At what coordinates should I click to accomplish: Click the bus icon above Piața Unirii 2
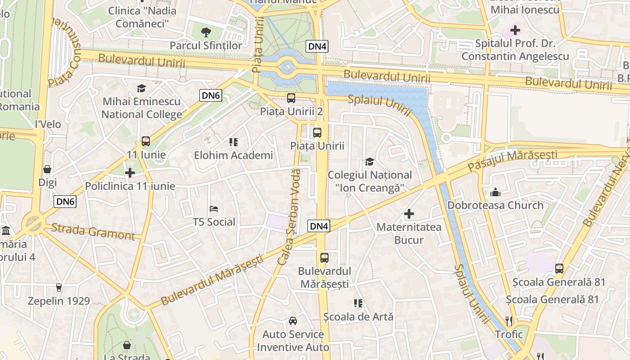tap(291, 98)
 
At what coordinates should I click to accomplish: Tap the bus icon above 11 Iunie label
tap(145, 141)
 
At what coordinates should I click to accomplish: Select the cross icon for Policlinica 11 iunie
tap(130, 172)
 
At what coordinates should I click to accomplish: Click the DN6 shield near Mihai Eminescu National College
tap(211, 95)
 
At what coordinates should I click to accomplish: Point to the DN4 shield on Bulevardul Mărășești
tap(319, 226)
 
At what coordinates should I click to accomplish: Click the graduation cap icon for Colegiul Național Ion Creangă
tap(369, 162)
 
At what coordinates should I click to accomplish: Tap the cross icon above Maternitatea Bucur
tap(409, 214)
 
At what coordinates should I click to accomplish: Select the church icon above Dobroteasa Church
tap(495, 192)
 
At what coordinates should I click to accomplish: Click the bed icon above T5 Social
tap(214, 209)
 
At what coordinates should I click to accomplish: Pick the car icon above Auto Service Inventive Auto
tap(293, 321)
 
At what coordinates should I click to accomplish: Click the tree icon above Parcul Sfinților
tap(206, 32)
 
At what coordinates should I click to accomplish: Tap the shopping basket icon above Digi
tap(47, 169)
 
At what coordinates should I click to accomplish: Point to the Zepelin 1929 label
tap(59, 301)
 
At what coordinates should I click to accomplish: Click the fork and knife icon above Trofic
tap(509, 321)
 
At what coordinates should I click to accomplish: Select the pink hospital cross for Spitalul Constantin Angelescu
tap(515, 31)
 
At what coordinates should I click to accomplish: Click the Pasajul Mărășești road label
tap(512, 161)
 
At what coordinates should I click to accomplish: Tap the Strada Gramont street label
tap(93, 231)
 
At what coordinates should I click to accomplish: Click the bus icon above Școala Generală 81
tap(559, 269)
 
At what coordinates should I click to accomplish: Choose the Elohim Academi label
tap(233, 156)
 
